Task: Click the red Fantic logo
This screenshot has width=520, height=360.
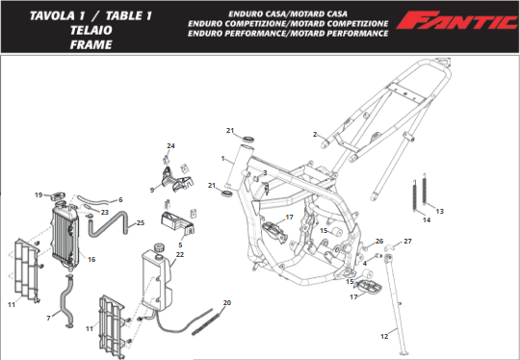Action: pyautogui.click(x=458, y=20)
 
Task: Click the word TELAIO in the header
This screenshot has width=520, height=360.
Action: pyautogui.click(x=91, y=30)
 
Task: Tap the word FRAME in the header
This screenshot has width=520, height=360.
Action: pyautogui.click(x=91, y=44)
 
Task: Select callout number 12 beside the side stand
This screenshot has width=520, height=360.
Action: pyautogui.click(x=384, y=337)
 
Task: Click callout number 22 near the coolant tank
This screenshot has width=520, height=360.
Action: pyautogui.click(x=180, y=254)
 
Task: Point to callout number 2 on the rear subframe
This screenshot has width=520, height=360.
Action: pyautogui.click(x=315, y=134)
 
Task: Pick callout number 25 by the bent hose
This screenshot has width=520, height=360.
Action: pyautogui.click(x=141, y=222)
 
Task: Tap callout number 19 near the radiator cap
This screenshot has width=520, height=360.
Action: pyautogui.click(x=39, y=194)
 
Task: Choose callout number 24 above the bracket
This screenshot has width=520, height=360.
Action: pyautogui.click(x=170, y=146)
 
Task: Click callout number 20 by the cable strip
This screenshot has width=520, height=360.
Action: pyautogui.click(x=227, y=302)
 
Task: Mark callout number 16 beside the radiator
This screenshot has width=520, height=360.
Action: pyautogui.click(x=91, y=259)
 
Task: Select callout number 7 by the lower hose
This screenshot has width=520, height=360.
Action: pyautogui.click(x=48, y=319)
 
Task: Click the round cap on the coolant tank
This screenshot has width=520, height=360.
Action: pyautogui.click(x=160, y=247)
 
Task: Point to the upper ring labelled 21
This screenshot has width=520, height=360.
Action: pyautogui.click(x=247, y=139)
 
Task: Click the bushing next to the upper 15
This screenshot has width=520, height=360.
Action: pyautogui.click(x=336, y=232)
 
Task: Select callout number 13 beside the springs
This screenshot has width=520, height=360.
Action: pyautogui.click(x=439, y=211)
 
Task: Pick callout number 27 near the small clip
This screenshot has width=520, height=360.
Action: pyautogui.click(x=407, y=241)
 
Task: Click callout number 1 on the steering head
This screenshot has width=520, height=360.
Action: pyautogui.click(x=222, y=159)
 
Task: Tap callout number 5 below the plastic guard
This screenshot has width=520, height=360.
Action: pyautogui.click(x=180, y=244)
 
